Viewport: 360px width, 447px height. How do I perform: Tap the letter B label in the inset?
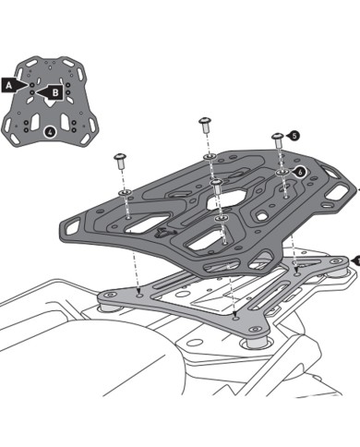coord(55,92)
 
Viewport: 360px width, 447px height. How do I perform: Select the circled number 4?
coord(49,131)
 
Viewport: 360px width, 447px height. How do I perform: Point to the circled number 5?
coord(294,136)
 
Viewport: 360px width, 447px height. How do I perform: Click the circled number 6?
coord(300,171)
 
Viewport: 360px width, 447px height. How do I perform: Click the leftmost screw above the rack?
coord(120,161)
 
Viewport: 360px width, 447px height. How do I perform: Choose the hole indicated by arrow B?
coord(41,92)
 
